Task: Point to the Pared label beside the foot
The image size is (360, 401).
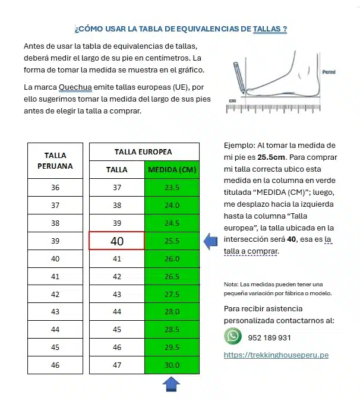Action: pos(329,72)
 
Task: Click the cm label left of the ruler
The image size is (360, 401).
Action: pos(232,101)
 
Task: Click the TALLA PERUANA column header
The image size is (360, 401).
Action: pos(55,160)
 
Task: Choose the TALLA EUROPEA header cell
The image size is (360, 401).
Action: pos(143,151)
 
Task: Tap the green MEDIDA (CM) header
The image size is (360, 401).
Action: pos(172,169)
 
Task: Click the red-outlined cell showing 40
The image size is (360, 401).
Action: pos(116,241)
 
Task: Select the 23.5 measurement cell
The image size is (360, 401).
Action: pos(172,187)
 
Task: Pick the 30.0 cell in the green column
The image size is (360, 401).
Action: pos(172,365)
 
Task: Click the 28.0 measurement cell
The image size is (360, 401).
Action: pos(172,312)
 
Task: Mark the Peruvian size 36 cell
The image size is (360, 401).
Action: pos(55,187)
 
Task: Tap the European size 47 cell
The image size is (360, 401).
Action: pos(116,365)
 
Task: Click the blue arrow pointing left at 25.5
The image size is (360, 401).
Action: pos(211,241)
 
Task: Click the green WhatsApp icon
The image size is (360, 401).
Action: pos(233,337)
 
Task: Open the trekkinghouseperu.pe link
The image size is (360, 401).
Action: pos(276,355)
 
